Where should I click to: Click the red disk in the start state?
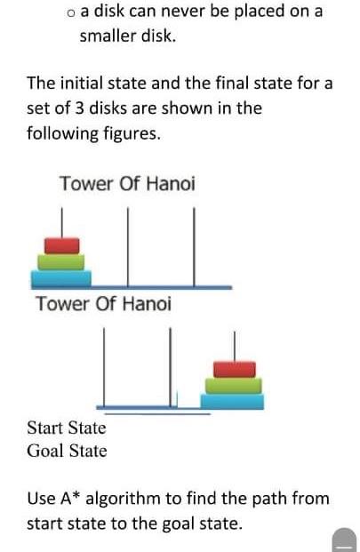coord(60,244)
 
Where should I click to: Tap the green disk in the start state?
coord(60,260)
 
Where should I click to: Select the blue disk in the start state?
coord(60,277)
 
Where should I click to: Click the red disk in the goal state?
coord(234,369)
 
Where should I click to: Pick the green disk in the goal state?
coord(234,385)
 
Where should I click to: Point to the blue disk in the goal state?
coord(234,401)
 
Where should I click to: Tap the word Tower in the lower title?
coord(62,304)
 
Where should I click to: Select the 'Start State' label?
coord(67,428)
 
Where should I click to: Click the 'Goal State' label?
coord(67,451)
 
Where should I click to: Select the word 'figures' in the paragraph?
coord(131,134)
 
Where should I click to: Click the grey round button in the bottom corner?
coord(344,539)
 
